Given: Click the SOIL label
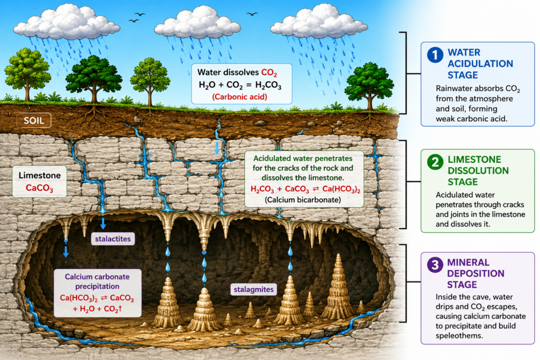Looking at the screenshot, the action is coord(34,121).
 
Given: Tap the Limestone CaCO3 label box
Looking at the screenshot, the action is coord(40,181).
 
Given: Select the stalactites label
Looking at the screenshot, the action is coord(113,239).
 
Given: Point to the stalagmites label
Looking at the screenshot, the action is coord(254,289).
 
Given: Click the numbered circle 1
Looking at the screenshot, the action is coord(435,55).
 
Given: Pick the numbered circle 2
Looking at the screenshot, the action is coord(435,162).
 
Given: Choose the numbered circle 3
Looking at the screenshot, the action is coord(435,265).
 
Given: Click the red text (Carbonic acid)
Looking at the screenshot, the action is coord(240,96).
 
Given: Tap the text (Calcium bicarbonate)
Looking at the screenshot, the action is coord(303,200).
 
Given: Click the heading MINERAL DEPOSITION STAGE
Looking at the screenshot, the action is coord(476,274).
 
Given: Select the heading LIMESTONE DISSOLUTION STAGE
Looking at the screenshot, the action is coord(478,171).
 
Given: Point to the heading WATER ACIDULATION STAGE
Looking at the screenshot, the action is coord(480,64).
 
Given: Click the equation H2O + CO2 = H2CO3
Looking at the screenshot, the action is coord(240,85).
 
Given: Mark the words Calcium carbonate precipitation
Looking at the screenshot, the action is coord(97,281).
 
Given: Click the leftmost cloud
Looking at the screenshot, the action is coord(66,22).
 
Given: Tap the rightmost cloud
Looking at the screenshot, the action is coord(319,21).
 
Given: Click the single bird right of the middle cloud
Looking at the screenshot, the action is coord(252,14).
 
